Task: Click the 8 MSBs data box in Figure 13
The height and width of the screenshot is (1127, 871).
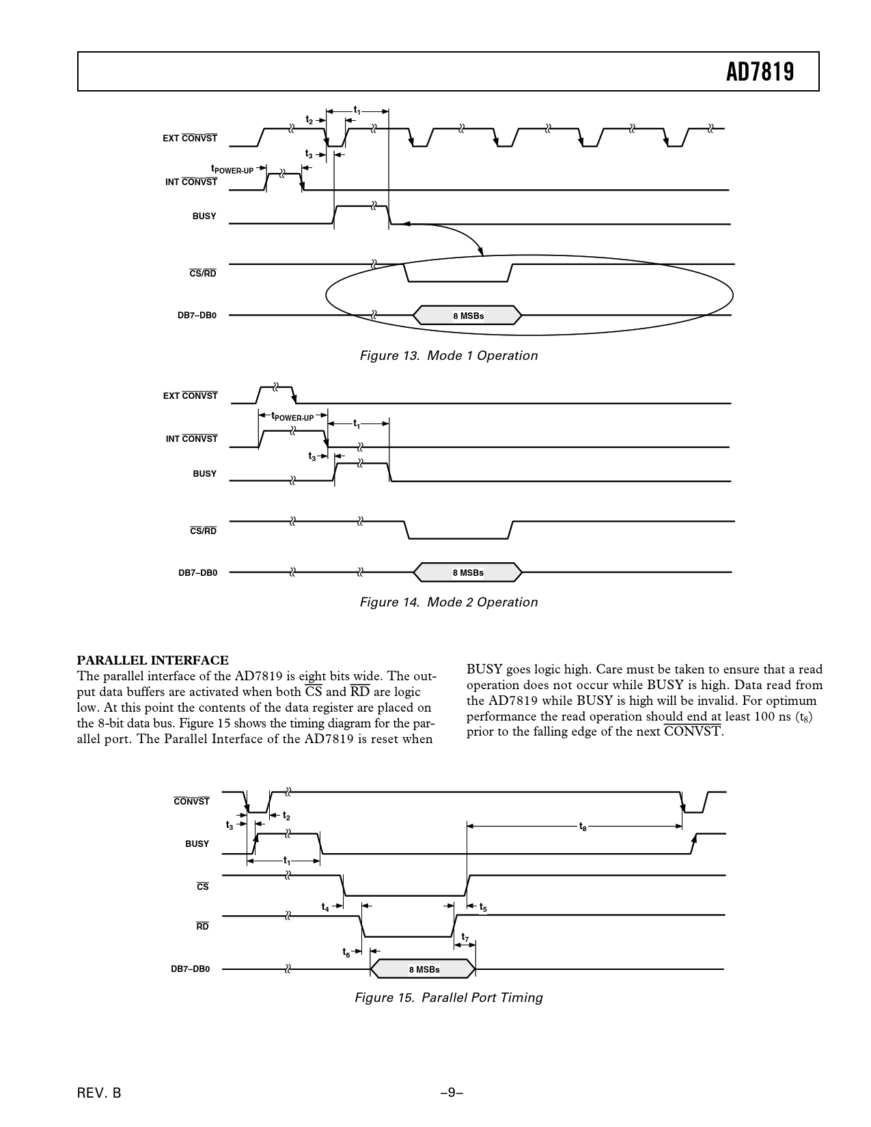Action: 468,316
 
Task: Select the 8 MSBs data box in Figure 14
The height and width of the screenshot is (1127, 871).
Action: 468,572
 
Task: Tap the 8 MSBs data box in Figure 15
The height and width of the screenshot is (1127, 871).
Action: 424,969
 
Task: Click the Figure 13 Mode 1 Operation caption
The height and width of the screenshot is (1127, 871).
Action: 448,356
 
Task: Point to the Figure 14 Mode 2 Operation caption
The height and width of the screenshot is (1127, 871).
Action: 448,602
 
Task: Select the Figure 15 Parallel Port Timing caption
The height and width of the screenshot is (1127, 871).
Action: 448,998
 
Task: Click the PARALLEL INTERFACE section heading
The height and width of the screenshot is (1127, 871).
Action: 152,660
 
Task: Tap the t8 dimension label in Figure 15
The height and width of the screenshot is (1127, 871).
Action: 582,827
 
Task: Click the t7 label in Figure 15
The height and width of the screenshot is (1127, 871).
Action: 465,937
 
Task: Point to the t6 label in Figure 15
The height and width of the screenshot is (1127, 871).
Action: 346,952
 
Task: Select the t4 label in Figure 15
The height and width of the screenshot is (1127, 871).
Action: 326,908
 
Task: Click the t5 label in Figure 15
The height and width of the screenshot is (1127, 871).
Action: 482,908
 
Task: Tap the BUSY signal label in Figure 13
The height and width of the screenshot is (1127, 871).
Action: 204,216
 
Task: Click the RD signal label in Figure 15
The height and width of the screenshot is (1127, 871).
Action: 202,927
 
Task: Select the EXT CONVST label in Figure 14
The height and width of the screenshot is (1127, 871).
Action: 190,396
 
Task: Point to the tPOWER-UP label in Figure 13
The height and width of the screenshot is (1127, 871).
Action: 232,169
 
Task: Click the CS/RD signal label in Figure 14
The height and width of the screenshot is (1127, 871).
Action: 203,531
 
